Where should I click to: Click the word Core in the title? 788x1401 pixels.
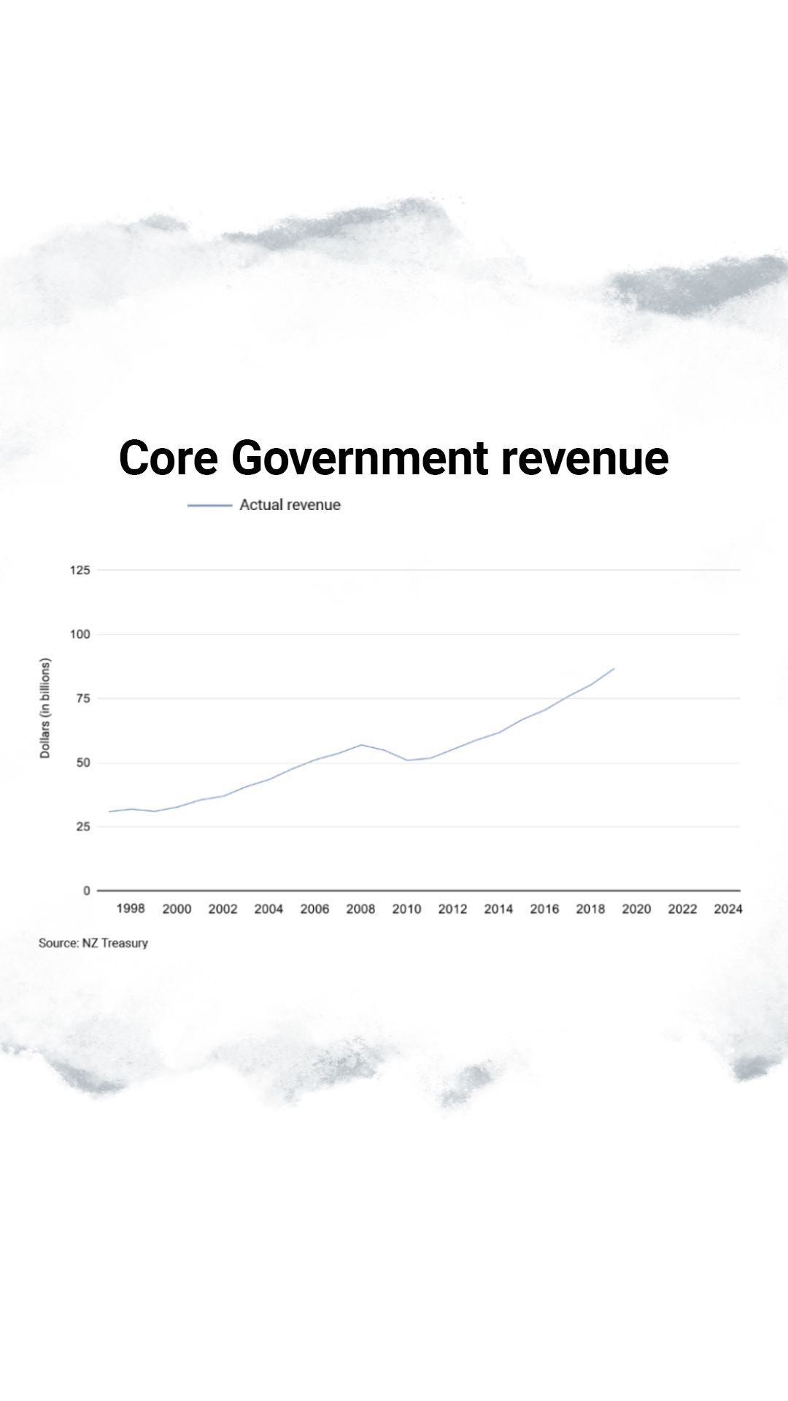tap(169, 458)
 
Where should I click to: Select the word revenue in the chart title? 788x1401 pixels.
tap(584, 458)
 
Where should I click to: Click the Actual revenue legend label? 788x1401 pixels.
tap(290, 505)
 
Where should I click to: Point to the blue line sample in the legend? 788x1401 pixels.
tap(209, 505)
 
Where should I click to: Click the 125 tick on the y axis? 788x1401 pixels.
tap(80, 570)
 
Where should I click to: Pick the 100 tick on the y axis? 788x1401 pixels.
tap(80, 634)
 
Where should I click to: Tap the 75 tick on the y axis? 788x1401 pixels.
tap(83, 698)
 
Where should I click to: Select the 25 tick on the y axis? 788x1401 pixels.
tap(83, 827)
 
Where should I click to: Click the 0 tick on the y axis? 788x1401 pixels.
tap(87, 891)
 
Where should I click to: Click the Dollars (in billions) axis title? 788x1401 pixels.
tap(45, 709)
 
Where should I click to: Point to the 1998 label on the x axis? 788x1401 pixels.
tap(131, 908)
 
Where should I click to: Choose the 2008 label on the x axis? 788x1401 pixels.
tap(360, 908)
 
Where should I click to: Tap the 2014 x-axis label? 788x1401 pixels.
tap(498, 908)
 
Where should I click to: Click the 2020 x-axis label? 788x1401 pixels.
tap(636, 908)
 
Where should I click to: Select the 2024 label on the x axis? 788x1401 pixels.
tap(728, 908)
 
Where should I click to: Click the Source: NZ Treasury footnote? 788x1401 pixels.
tap(93, 943)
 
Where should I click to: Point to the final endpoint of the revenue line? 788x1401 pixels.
tap(614, 668)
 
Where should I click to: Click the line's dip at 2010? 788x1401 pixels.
tap(406, 760)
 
